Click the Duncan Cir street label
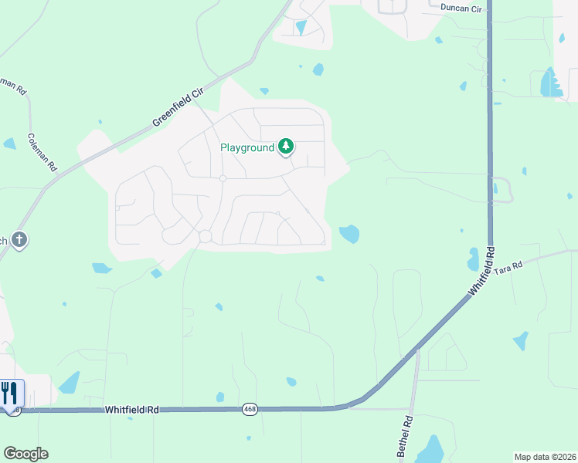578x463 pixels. tap(461, 8)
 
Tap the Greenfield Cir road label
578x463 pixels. tap(177, 107)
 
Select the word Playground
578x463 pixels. tap(247, 147)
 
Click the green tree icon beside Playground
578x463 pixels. tap(286, 145)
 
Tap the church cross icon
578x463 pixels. tap(19, 240)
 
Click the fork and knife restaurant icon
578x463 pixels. tap(9, 393)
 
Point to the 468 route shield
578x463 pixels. tap(249, 408)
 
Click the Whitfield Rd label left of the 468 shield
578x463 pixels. tap(132, 410)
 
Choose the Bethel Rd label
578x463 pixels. tap(406, 437)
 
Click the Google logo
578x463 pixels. tap(25, 454)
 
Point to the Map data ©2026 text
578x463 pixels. tap(545, 457)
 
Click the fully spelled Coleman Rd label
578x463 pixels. tap(42, 152)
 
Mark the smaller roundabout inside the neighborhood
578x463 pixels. tap(222, 178)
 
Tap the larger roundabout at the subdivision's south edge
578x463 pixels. tap(206, 236)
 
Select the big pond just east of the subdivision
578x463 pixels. tap(349, 233)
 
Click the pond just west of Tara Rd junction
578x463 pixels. tap(473, 260)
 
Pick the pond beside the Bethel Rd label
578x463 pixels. tap(430, 450)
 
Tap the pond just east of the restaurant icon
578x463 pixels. tap(70, 383)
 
